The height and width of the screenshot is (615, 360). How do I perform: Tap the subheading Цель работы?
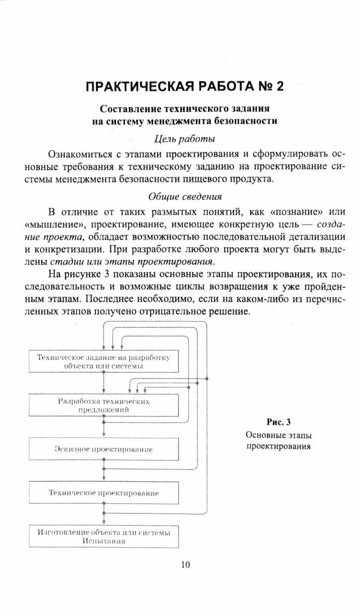pyautogui.click(x=184, y=138)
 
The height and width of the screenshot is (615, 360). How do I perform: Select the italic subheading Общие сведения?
pyautogui.click(x=185, y=197)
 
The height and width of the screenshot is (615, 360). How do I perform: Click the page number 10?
pyautogui.click(x=185, y=565)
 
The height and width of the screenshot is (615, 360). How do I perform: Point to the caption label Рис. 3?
pyautogui.click(x=279, y=422)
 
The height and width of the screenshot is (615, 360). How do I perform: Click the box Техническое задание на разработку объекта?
pyautogui.click(x=103, y=361)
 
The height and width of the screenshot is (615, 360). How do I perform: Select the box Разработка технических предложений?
pyautogui.click(x=103, y=406)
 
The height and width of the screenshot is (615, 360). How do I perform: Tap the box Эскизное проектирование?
pyautogui.click(x=103, y=449)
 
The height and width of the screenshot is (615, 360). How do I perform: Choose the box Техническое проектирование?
pyautogui.click(x=103, y=493)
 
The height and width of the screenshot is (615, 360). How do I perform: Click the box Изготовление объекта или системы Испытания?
pyautogui.click(x=103, y=537)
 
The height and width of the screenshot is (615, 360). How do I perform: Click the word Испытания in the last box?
pyautogui.click(x=104, y=541)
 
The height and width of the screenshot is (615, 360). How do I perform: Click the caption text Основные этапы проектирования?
pyautogui.click(x=279, y=441)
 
